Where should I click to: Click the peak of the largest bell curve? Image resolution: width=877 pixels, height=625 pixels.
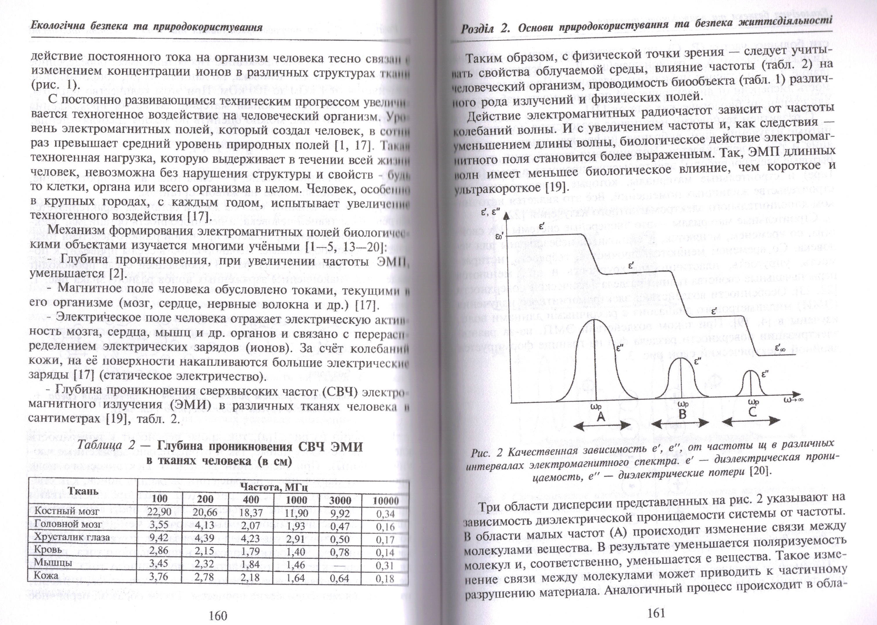[x=596, y=319]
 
